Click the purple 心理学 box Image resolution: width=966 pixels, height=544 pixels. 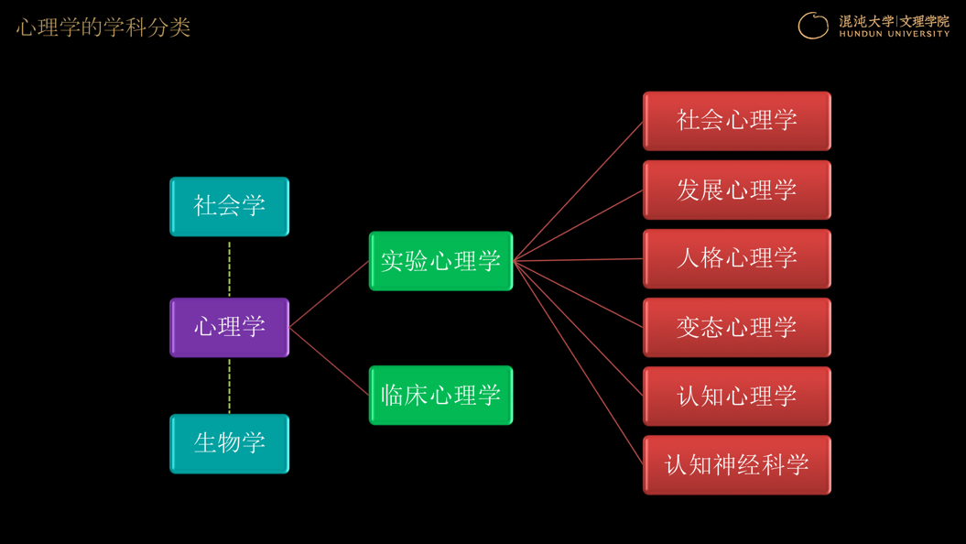(x=229, y=327)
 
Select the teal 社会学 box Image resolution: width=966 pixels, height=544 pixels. (x=229, y=206)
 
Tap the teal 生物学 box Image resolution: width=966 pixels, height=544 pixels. (x=229, y=443)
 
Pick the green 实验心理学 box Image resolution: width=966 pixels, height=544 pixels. (x=440, y=261)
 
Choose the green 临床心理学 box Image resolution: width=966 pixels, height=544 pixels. (x=440, y=395)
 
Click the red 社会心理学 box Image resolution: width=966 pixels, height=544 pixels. (x=737, y=121)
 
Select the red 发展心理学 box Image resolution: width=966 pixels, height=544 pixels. (x=737, y=190)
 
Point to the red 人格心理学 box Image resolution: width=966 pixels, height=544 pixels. (x=737, y=259)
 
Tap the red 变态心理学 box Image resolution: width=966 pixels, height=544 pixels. (x=737, y=327)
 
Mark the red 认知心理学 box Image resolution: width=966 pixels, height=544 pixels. (x=737, y=397)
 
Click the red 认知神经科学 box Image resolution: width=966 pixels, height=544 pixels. (x=737, y=465)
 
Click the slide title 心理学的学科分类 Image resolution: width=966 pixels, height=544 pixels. (x=103, y=27)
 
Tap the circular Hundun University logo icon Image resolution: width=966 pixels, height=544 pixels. (x=813, y=26)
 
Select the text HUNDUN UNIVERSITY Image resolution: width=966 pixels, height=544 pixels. (x=894, y=34)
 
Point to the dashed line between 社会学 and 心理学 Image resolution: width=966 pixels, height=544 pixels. (x=229, y=268)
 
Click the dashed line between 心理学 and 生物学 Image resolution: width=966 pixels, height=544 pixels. (x=229, y=386)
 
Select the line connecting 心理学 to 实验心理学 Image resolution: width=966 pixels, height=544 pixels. (x=329, y=294)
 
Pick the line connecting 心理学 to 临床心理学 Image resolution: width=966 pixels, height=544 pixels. (x=329, y=361)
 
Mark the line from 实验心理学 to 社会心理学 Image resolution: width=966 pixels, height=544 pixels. (x=579, y=191)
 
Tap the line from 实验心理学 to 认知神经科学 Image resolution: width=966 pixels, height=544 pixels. (x=579, y=363)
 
